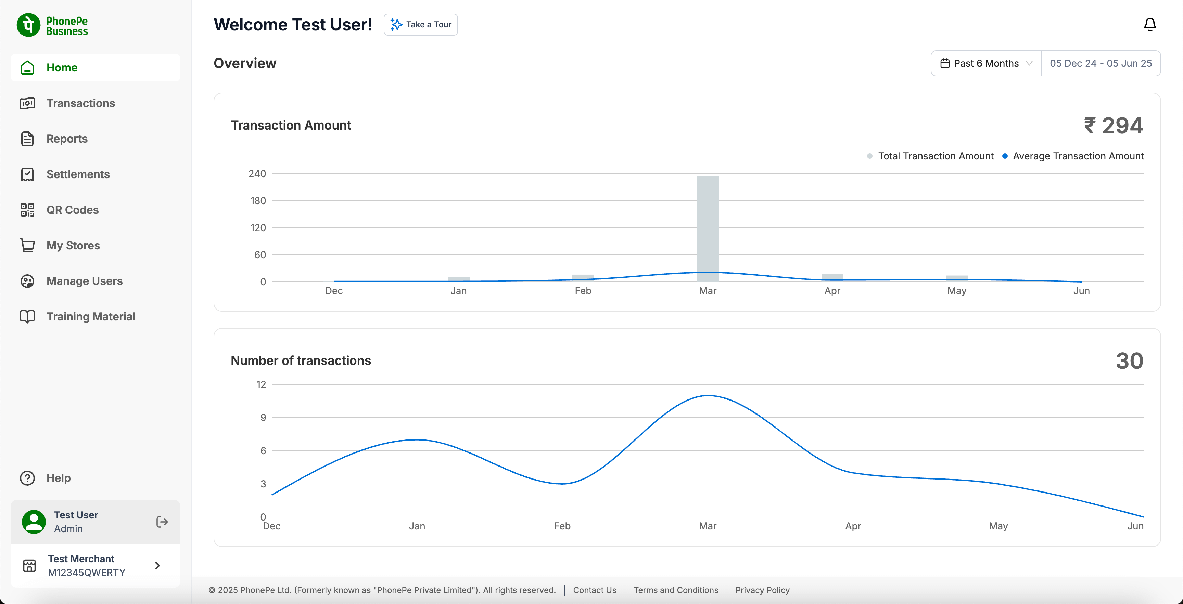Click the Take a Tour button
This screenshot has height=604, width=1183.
tap(421, 25)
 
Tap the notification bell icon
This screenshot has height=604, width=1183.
tap(1149, 25)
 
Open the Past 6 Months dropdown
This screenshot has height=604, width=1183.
tap(985, 63)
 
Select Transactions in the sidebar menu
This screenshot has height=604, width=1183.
tap(80, 103)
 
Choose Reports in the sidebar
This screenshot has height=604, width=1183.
tap(67, 139)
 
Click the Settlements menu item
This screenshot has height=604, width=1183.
tap(78, 174)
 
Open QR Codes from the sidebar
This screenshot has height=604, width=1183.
tap(72, 210)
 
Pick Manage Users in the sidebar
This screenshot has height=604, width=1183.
tap(84, 281)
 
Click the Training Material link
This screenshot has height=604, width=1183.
tap(90, 317)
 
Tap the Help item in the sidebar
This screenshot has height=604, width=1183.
tap(58, 478)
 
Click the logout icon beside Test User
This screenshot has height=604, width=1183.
tap(162, 522)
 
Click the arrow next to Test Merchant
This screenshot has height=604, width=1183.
tap(157, 565)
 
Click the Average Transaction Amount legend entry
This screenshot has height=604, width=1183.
tap(1073, 156)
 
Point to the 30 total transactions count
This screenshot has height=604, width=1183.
tap(1129, 361)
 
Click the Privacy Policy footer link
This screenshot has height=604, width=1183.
tap(762, 590)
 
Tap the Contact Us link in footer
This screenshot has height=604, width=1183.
tap(594, 590)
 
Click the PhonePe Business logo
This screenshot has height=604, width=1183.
tap(52, 26)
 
